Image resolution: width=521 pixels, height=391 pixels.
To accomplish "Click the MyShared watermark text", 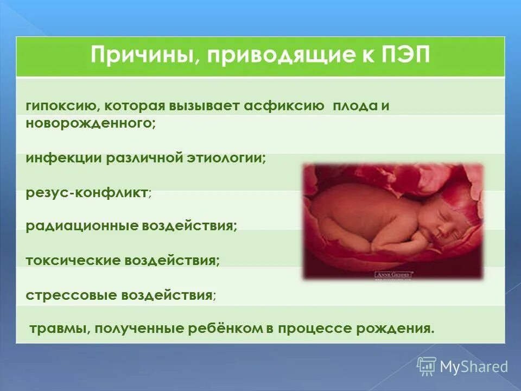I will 474,367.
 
